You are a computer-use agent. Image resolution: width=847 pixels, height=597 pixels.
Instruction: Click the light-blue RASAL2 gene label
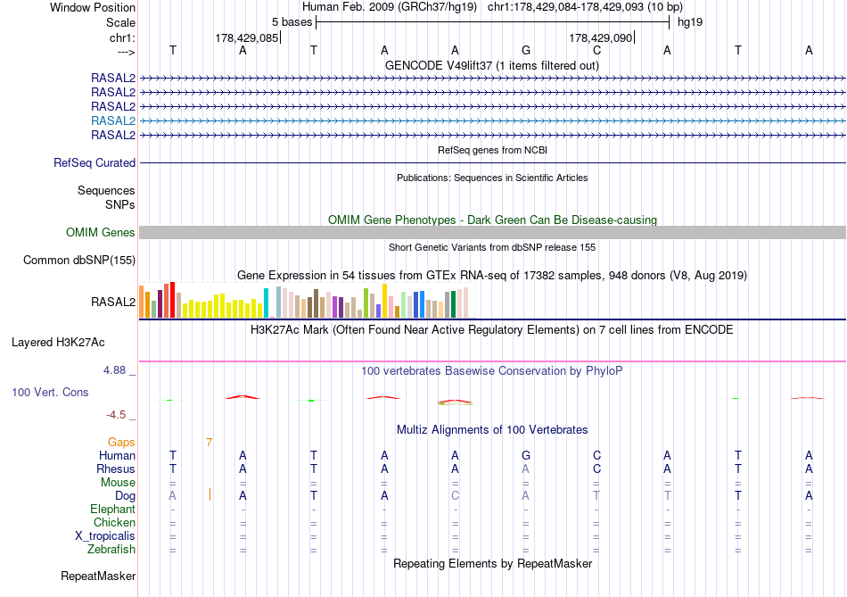click(x=113, y=120)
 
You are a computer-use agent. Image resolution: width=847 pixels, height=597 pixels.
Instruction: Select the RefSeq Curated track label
click(x=95, y=163)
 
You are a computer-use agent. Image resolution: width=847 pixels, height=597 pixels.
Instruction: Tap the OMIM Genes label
click(x=101, y=233)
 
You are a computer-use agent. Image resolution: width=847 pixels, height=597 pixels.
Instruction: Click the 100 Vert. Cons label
click(x=50, y=392)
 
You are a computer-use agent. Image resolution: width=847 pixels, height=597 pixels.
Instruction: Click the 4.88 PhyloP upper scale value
click(x=118, y=370)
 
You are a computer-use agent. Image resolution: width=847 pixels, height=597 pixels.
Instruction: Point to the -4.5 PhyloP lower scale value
click(x=117, y=415)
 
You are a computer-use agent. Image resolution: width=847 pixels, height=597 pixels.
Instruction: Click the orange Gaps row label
click(x=121, y=442)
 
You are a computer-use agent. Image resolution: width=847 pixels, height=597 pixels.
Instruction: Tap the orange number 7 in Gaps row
click(x=209, y=442)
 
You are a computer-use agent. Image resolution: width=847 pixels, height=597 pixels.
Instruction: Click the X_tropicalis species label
click(x=105, y=536)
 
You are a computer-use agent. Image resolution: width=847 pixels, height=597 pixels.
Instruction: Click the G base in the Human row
click(x=526, y=456)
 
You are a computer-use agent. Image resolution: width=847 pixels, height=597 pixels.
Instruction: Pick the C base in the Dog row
click(x=455, y=495)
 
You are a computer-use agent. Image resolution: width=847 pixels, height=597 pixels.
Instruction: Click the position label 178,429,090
click(x=600, y=37)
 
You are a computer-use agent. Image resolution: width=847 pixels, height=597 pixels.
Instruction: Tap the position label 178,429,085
click(x=247, y=37)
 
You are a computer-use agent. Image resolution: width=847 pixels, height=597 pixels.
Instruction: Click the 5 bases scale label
click(x=292, y=21)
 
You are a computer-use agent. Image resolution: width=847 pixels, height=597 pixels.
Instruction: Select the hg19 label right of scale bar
click(x=690, y=21)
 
